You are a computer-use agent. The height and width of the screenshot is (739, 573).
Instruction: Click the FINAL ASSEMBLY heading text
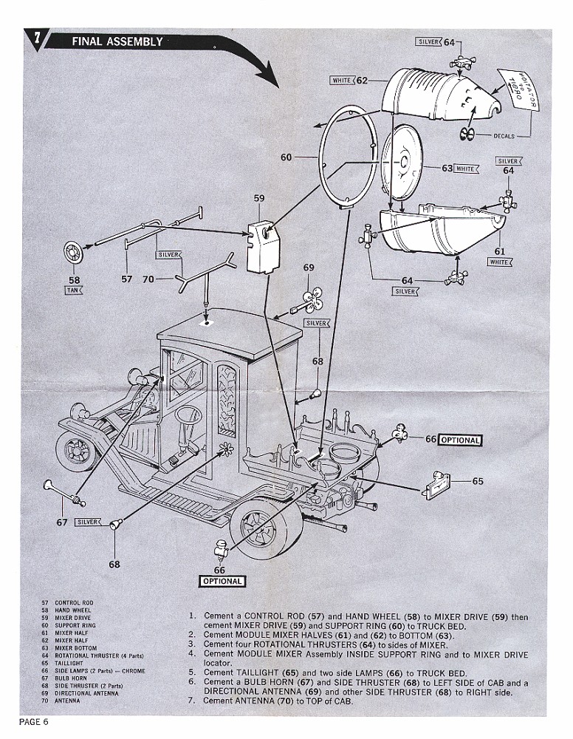coord(117,42)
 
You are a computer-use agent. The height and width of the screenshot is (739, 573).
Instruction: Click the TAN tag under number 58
coord(72,290)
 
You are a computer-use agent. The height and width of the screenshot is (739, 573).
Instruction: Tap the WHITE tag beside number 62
coord(341,80)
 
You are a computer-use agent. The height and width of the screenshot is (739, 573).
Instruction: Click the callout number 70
coord(148,279)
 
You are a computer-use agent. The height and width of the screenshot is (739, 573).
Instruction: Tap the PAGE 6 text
coord(33,722)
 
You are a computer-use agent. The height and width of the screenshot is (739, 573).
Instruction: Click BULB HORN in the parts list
coord(73,678)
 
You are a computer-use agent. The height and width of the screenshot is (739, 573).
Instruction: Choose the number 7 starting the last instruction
coord(192,701)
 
